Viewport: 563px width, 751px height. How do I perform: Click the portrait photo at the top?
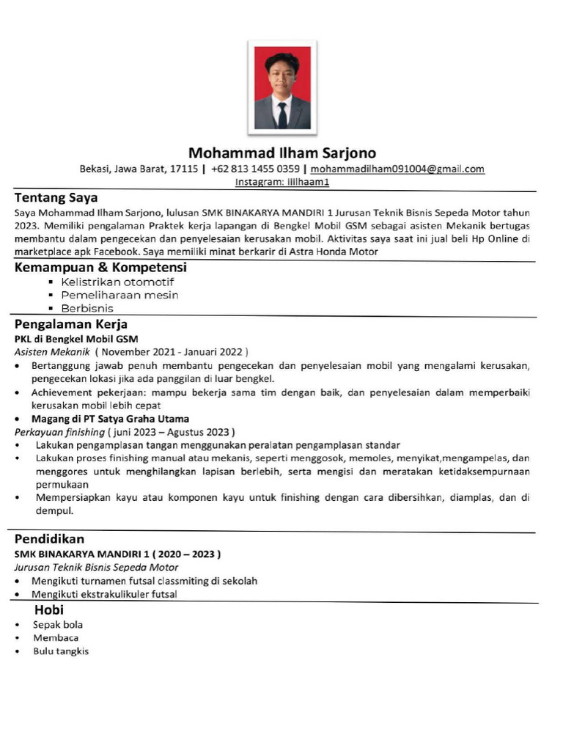282,88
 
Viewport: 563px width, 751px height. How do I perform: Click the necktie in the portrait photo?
282,115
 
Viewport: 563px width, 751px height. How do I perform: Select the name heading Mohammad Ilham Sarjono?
282,153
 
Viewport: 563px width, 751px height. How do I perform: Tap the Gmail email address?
397,169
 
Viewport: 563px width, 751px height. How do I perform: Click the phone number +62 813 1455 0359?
255,169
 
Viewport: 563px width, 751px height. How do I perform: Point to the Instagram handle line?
282,182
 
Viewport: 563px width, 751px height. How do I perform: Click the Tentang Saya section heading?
56,198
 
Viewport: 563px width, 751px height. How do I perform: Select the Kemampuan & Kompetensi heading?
100,268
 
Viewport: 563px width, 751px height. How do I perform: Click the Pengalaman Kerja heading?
71,324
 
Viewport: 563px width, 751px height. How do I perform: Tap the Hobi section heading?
49,610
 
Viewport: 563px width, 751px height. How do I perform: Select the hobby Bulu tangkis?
61,651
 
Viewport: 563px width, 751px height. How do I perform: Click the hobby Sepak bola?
58,625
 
